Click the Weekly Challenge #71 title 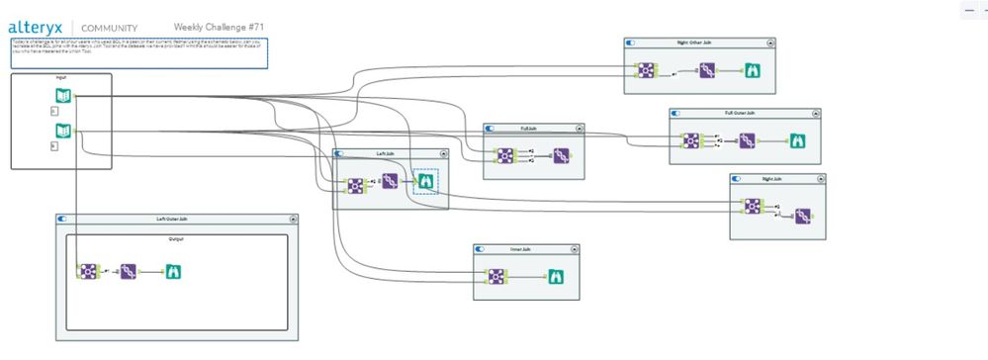[219, 27]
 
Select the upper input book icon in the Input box [63, 96]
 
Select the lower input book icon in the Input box [63, 131]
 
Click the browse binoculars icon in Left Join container [424, 181]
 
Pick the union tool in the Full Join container [561, 155]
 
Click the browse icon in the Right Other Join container [754, 70]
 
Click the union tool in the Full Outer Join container [747, 141]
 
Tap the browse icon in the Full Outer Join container [797, 141]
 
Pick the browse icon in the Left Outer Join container [172, 271]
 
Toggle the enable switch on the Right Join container [738, 179]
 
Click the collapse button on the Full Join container [579, 129]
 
